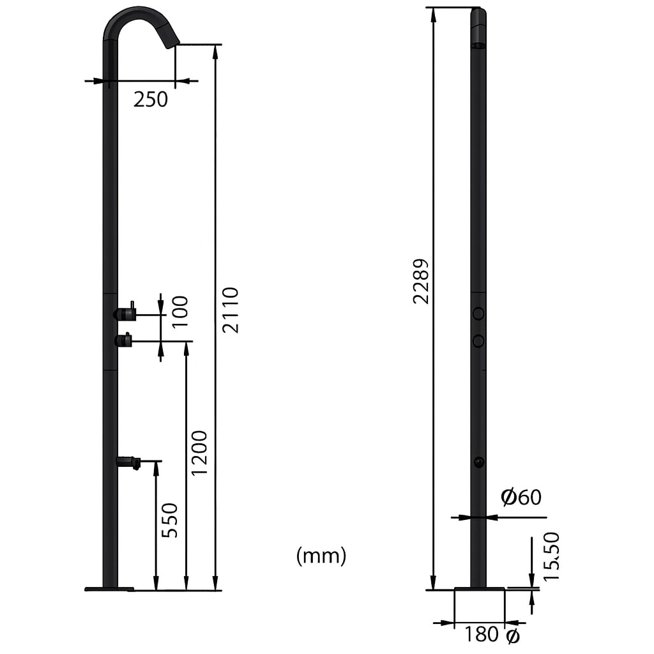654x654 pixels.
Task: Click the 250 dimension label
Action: point(151,99)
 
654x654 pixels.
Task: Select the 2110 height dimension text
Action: point(230,310)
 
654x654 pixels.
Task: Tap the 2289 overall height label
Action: point(420,281)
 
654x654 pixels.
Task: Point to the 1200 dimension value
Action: point(200,452)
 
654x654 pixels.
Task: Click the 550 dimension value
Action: point(170,520)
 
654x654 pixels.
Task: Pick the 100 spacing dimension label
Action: point(180,311)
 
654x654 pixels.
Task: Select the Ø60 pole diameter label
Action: point(521,497)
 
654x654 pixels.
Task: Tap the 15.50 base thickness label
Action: point(551,556)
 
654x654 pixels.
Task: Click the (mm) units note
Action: point(321,556)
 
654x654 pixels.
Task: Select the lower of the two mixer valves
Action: point(123,340)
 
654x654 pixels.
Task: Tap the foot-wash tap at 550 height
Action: point(128,461)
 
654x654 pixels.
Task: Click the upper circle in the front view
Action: point(478,313)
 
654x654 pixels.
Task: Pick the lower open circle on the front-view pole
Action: point(478,341)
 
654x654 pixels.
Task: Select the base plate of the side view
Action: point(109,588)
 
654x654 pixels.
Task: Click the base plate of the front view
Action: point(479,588)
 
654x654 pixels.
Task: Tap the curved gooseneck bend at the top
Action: point(131,16)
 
